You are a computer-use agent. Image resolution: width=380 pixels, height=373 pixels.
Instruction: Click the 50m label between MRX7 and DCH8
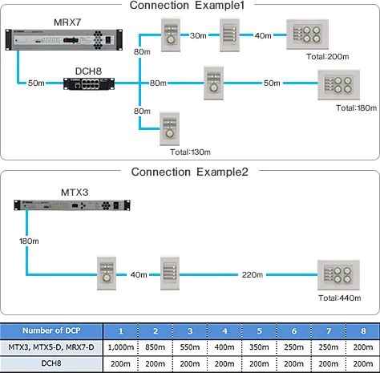pos(36,83)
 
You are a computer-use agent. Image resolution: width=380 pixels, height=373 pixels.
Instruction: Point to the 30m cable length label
pos(198,35)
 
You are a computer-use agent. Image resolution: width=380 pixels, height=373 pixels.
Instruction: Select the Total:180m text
pos(355,107)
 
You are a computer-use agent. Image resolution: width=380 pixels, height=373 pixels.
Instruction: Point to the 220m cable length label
pos(253,274)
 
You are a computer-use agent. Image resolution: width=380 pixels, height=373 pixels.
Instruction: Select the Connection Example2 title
pos(189,172)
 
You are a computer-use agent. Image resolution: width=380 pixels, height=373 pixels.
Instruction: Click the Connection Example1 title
pos(189,6)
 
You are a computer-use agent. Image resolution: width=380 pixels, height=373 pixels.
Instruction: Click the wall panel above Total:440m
pos(336,274)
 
